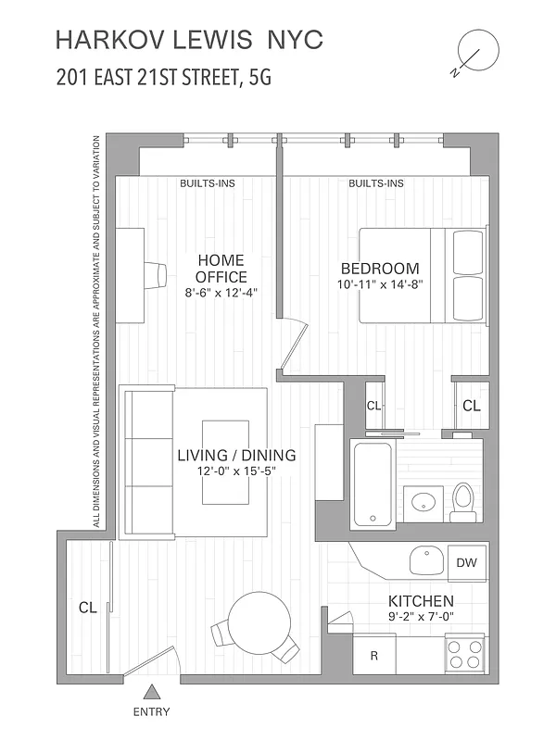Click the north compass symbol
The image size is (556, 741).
(x=474, y=52)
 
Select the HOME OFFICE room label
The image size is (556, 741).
(x=221, y=269)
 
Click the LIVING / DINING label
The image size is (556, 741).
(x=236, y=455)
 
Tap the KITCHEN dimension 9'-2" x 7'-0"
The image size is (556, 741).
(x=420, y=617)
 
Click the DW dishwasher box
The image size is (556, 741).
(x=466, y=561)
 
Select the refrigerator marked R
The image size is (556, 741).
(x=375, y=656)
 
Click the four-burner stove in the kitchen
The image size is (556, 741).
(x=464, y=655)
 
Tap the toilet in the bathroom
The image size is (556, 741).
(x=462, y=500)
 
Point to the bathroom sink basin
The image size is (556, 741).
(x=424, y=503)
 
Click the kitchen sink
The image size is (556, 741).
(x=427, y=559)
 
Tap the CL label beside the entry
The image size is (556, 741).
(x=87, y=609)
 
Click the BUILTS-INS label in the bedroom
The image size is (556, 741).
(x=375, y=183)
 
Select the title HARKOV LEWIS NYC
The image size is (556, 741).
(x=189, y=40)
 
